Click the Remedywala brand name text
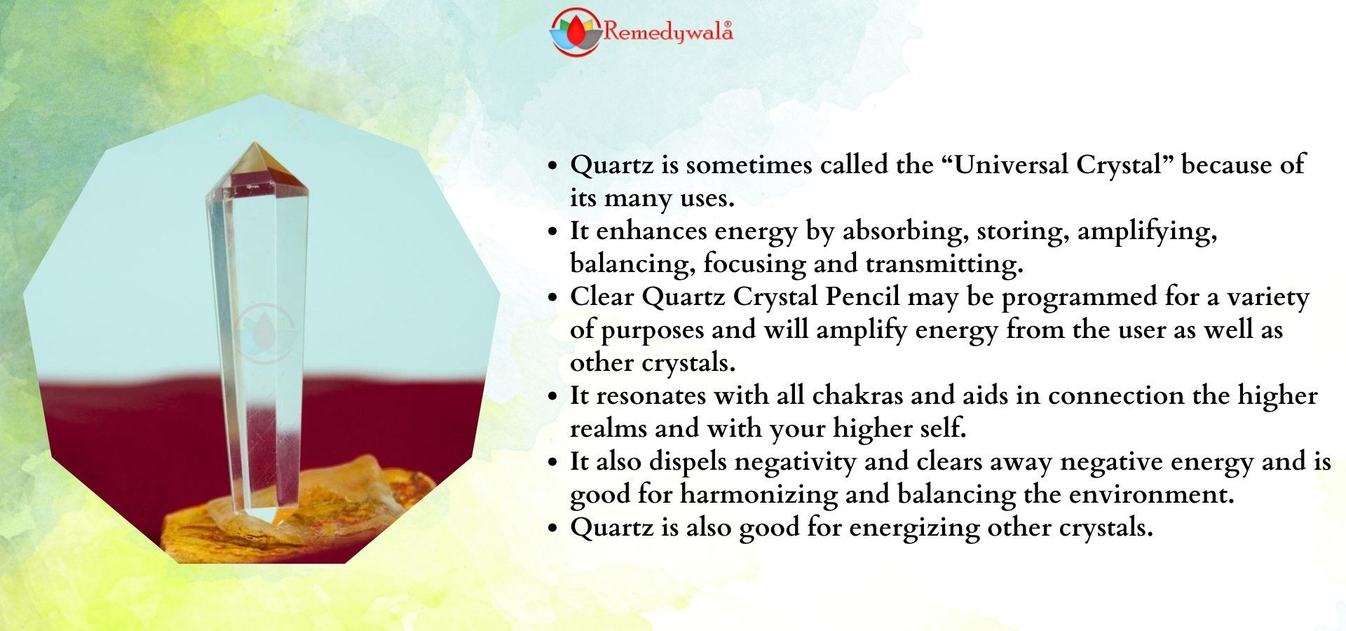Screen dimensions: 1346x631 tap(668, 32)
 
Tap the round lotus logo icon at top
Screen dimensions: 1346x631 tap(576, 32)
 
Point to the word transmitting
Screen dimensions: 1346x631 tap(944, 264)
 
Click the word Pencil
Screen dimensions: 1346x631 tap(862, 297)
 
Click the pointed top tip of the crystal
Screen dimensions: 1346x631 tap(254, 144)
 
